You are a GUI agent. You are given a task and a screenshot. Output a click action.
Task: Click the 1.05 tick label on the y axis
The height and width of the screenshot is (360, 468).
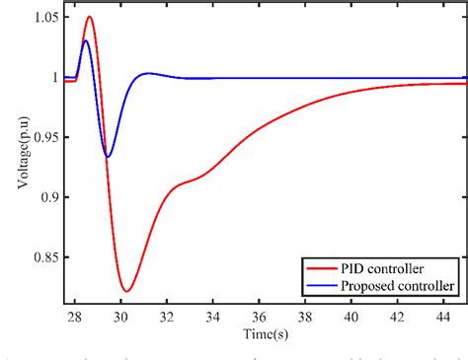pos(39,18)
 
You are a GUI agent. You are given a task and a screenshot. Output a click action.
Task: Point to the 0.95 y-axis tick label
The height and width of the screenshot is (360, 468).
pos(39,137)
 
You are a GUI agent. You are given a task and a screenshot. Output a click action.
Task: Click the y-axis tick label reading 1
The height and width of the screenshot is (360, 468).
pos(50,78)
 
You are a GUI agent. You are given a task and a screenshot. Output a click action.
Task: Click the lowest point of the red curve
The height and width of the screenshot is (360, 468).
pos(126,291)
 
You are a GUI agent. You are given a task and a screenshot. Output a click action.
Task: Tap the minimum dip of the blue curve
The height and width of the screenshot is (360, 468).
pos(108,157)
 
